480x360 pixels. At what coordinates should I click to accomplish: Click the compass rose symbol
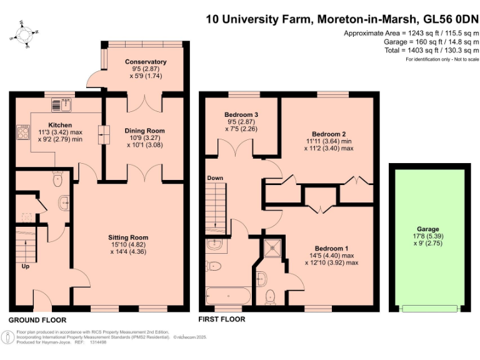click(25, 34)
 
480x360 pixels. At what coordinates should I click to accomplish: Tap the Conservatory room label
click(146, 62)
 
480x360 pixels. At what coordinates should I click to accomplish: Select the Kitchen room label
click(60, 125)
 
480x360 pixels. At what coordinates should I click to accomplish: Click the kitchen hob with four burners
click(25, 132)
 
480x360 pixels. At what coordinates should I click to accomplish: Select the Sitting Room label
click(128, 237)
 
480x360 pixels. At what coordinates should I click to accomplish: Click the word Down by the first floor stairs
click(215, 178)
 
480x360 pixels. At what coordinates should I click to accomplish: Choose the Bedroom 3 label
click(241, 114)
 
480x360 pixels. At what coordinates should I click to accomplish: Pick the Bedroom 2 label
click(329, 134)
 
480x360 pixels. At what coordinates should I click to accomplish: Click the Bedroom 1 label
click(331, 248)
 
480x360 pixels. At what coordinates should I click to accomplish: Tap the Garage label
click(428, 229)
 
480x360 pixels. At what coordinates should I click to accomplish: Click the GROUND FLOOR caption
click(37, 319)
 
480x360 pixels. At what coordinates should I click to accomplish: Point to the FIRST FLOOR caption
click(221, 319)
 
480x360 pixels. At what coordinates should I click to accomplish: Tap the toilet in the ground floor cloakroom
click(57, 179)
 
